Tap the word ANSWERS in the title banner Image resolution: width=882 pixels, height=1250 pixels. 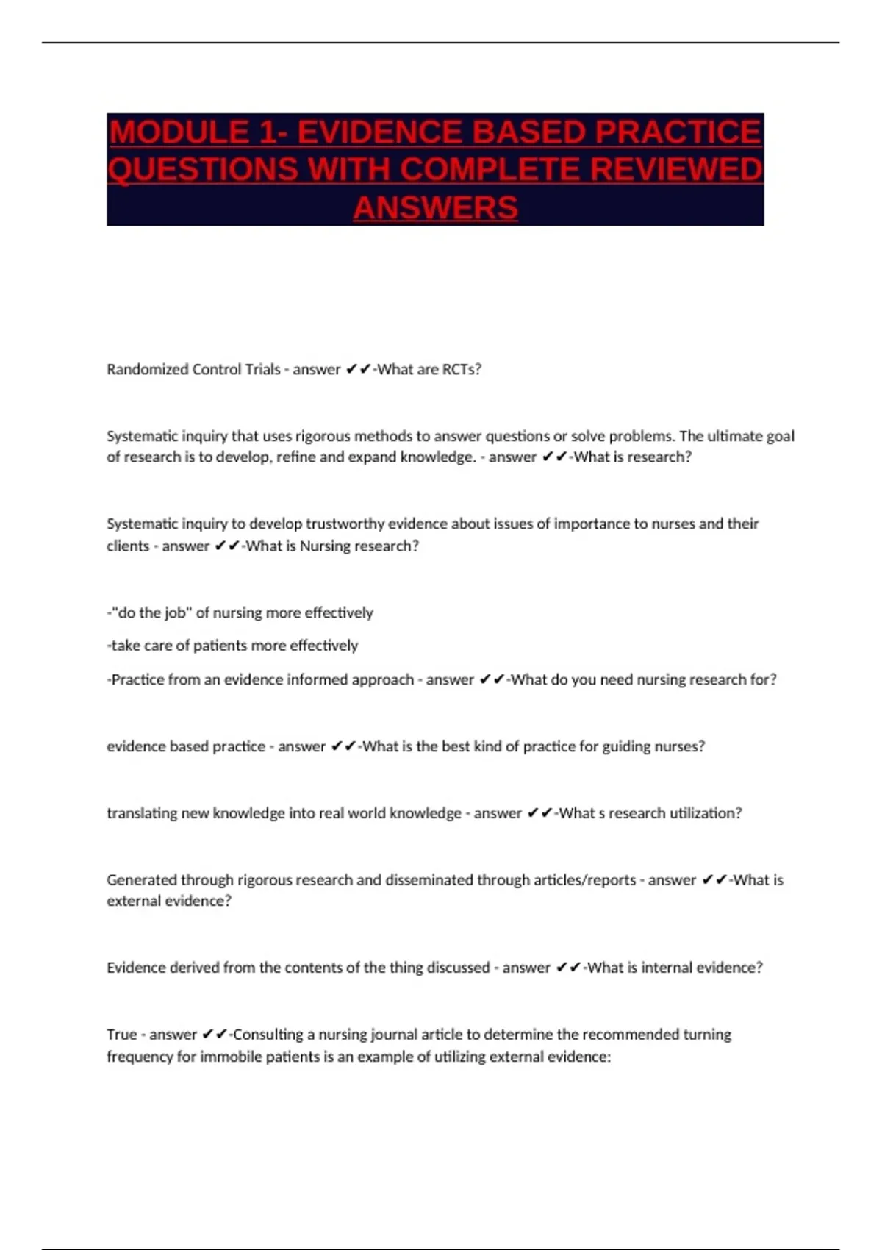pyautogui.click(x=435, y=207)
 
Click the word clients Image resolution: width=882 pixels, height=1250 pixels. pyautogui.click(x=128, y=546)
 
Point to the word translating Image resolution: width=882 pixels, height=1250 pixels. pyautogui.click(x=139, y=813)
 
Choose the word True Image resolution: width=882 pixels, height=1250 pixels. pyautogui.click(x=121, y=1035)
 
